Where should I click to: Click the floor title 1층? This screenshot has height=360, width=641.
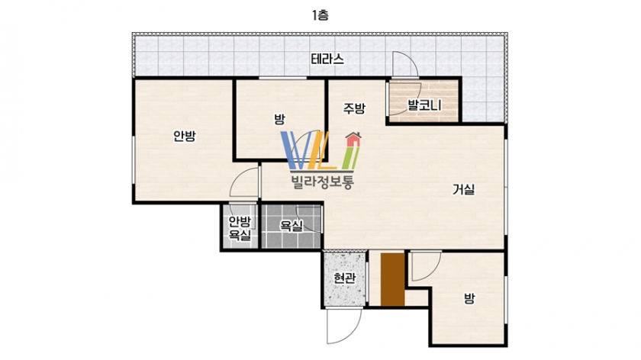coord(320,15)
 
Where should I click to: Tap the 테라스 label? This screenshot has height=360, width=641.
coord(327,59)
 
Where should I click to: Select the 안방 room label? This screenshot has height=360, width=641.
coord(185,136)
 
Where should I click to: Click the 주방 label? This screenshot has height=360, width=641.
coord(354,108)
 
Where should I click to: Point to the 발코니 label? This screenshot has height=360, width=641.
coord(424,105)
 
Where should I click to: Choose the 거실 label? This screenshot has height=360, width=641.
coord(464,189)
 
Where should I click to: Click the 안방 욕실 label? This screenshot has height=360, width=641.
coord(240,228)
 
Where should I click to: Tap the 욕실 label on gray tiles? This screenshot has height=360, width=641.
coord(291,226)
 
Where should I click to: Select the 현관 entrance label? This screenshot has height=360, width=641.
coord(344,278)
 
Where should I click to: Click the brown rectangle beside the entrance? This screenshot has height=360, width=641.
coord(392,279)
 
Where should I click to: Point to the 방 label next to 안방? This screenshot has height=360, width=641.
coord(279,119)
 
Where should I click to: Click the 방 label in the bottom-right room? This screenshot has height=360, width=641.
coord(469,298)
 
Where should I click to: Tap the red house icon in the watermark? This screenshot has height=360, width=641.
coord(353,140)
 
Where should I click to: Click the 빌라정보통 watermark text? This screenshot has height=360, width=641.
coord(322,181)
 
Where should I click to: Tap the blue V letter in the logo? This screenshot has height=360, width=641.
coord(295,150)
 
